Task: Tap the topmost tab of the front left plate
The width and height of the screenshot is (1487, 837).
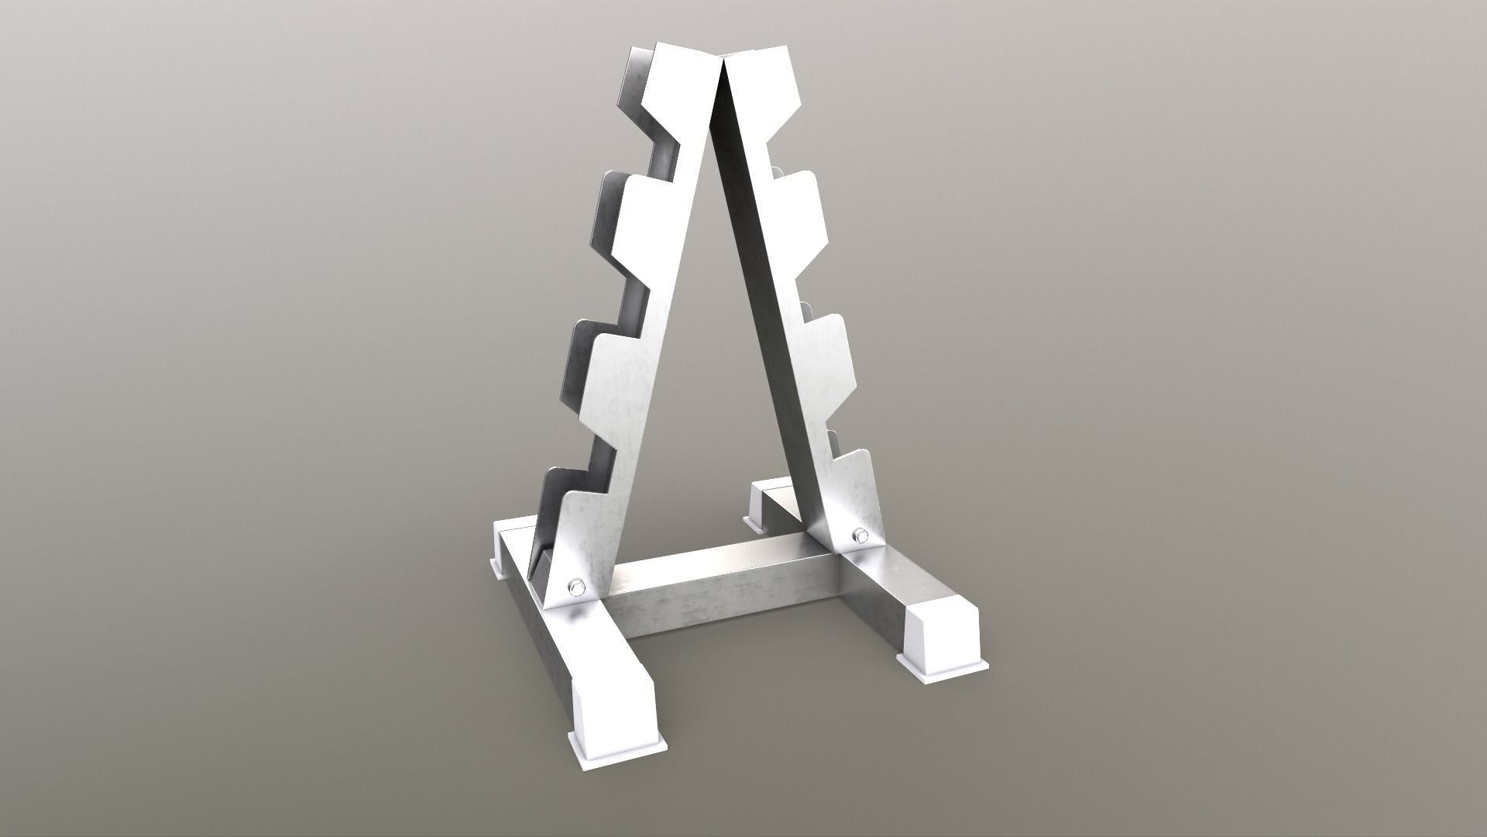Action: (682, 81)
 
